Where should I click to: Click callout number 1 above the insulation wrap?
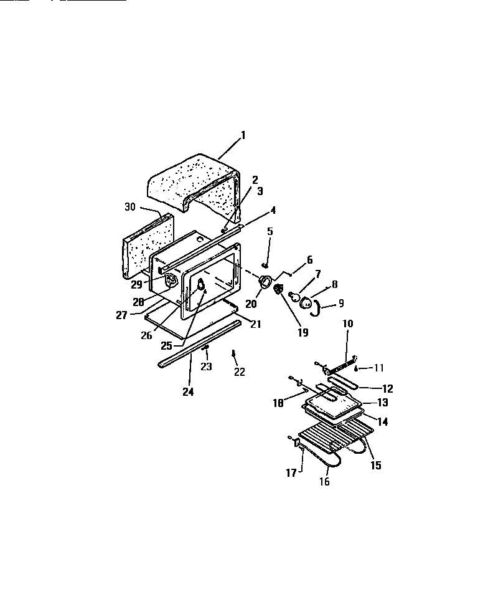click(243, 134)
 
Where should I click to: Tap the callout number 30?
click(129, 207)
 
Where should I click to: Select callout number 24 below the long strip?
click(187, 391)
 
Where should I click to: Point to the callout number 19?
click(303, 332)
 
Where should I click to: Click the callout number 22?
click(239, 371)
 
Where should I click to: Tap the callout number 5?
click(270, 231)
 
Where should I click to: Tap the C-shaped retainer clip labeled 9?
click(317, 307)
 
